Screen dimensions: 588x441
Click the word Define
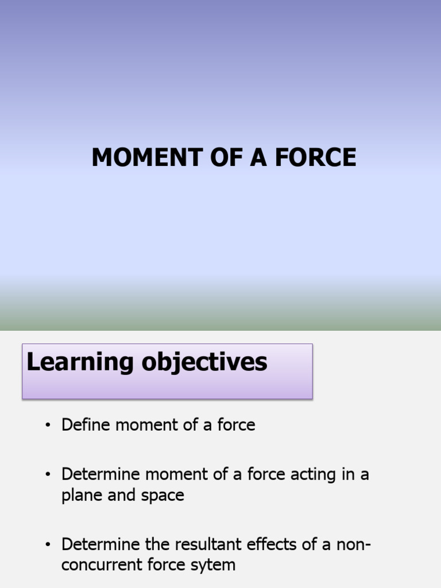coord(86,425)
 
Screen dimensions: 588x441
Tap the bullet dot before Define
coord(48,425)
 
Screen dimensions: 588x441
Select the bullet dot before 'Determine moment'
coord(48,475)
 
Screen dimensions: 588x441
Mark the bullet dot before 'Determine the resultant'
coord(48,544)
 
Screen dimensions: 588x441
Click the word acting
coord(310,474)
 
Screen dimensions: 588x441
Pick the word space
coord(164,496)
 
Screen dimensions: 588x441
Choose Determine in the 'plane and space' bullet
coord(101,474)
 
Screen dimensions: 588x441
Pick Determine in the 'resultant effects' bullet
coord(101,544)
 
